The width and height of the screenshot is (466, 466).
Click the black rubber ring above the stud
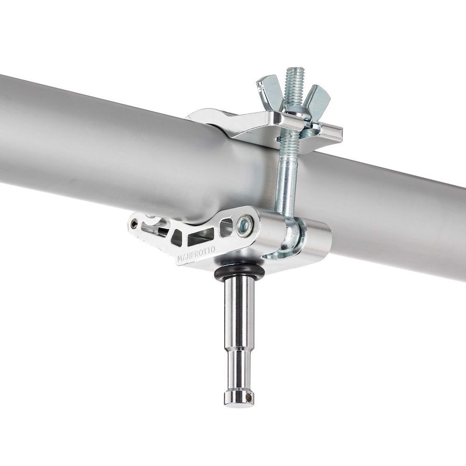tap(239, 271)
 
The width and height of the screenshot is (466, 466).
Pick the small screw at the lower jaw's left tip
tap(134, 224)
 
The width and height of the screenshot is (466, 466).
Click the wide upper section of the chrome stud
tap(239, 311)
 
